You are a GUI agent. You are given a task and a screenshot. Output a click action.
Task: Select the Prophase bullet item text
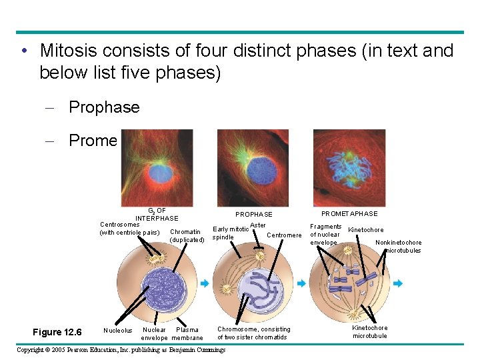click(104, 107)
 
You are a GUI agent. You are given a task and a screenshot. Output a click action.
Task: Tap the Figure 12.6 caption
click(57, 332)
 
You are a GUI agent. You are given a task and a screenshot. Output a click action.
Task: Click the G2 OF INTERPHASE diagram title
click(157, 215)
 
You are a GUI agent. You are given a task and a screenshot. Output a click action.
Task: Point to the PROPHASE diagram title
click(253, 215)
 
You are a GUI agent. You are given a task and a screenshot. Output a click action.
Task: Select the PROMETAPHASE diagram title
click(349, 214)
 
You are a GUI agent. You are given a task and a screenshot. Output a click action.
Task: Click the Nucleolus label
click(118, 330)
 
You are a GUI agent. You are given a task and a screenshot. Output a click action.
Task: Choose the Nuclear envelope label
click(154, 333)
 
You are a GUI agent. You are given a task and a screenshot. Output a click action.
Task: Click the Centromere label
click(284, 235)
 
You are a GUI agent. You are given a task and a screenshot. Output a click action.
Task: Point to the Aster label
click(257, 225)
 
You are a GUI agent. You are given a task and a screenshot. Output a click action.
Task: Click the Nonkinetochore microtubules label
click(399, 247)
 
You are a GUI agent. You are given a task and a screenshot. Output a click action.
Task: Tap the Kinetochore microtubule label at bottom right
click(369, 331)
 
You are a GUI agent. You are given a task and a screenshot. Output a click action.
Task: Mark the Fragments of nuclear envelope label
click(326, 235)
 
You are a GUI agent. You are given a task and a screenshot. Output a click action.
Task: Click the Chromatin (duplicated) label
click(187, 236)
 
